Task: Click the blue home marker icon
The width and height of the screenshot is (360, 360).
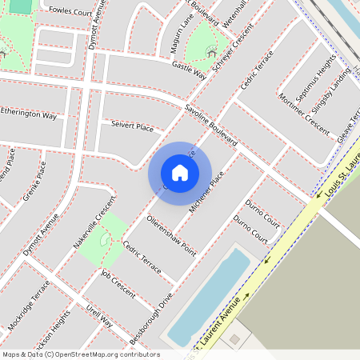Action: coord(180,172)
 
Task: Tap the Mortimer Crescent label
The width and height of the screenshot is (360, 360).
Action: coord(306,110)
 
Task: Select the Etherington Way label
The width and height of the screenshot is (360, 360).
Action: coord(29,115)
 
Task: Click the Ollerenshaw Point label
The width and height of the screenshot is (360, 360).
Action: coord(171,234)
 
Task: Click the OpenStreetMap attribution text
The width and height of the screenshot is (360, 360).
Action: coord(81,354)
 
